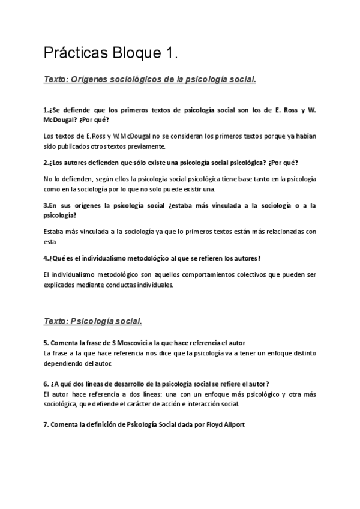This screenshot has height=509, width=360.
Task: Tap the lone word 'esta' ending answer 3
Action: (50, 242)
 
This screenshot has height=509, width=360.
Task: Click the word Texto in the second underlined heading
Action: (56, 321)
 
